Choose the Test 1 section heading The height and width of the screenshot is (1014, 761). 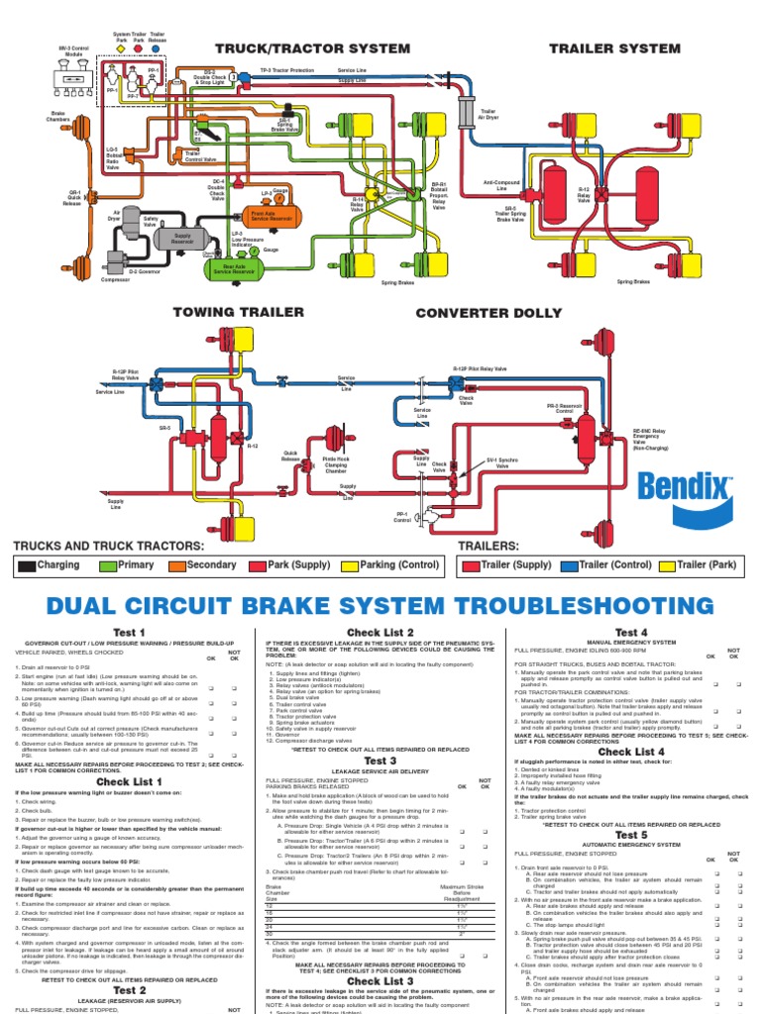129,633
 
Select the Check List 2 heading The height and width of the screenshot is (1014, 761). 380,633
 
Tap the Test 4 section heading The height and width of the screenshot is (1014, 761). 630,633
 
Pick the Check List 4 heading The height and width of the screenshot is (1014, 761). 630,753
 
